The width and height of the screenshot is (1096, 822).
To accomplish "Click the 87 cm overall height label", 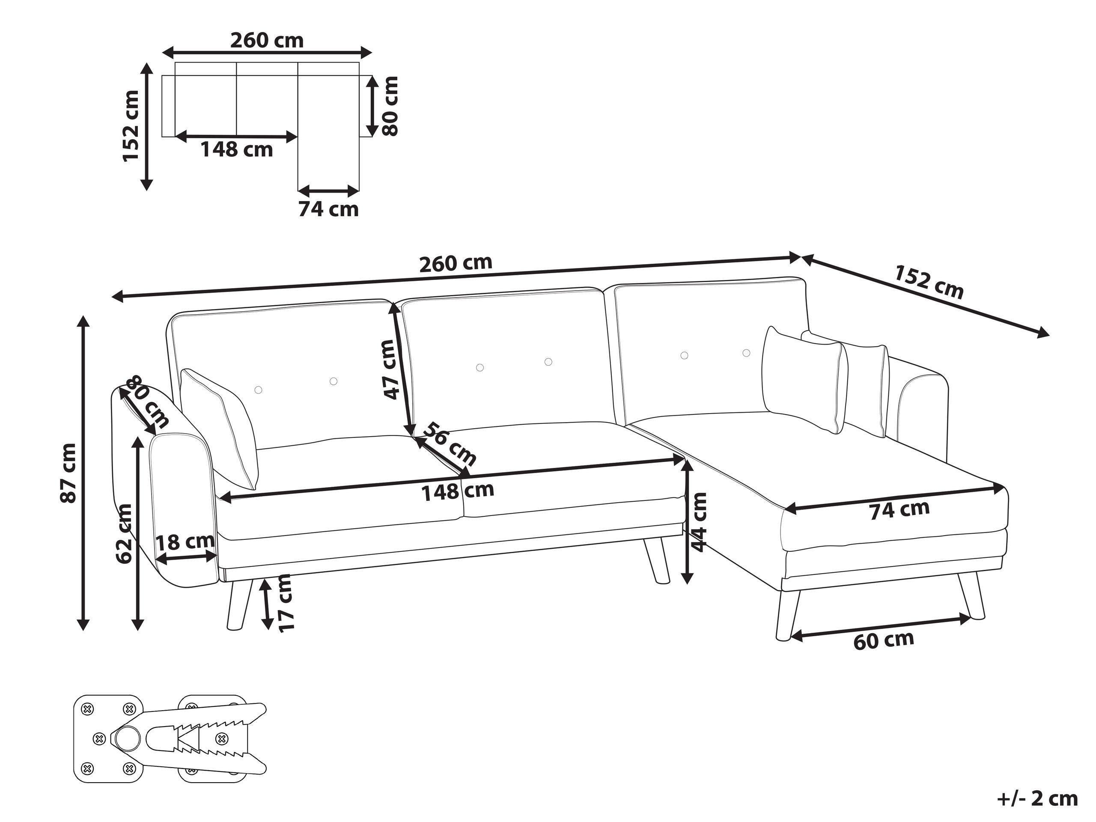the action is coord(68,473).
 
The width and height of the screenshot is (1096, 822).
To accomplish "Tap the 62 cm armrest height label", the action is coord(123,533).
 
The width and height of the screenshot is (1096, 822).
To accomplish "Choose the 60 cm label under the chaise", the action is coord(884,640).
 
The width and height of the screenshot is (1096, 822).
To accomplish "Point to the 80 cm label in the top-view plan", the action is coord(391,106).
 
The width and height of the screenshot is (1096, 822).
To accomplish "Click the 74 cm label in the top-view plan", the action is coord(328,209).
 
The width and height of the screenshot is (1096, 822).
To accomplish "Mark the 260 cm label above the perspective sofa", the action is coord(456,263).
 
